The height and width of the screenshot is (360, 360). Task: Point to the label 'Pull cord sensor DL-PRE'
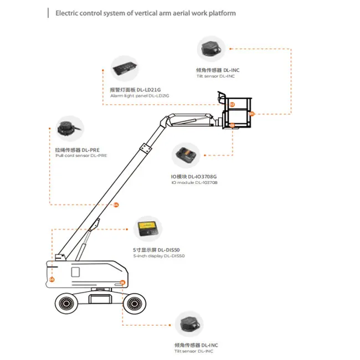click(81, 156)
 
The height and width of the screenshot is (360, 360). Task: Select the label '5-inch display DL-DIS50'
click(159, 256)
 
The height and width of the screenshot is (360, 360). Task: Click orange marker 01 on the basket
click(251, 114)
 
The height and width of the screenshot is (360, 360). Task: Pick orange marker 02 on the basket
click(232, 104)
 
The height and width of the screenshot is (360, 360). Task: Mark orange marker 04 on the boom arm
click(116, 205)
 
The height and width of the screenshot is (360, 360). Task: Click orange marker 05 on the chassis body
click(52, 280)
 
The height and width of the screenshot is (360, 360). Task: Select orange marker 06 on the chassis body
click(122, 282)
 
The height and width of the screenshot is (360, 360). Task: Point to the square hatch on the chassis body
click(76, 272)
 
